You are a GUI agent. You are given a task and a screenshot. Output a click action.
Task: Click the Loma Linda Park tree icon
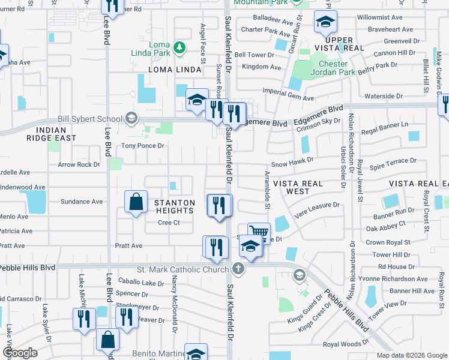(178, 47)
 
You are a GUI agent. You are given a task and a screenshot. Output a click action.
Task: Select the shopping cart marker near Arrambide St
(259, 232)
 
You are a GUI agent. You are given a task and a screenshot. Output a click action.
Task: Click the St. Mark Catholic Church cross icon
(238, 268)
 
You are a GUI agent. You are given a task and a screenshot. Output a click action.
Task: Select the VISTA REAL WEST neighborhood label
(298, 187)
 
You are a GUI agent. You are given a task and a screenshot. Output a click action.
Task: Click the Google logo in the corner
(20, 353)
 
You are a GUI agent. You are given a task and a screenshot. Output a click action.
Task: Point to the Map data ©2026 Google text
(411, 355)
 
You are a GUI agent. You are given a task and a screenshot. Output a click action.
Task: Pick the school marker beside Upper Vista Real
(325, 23)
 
